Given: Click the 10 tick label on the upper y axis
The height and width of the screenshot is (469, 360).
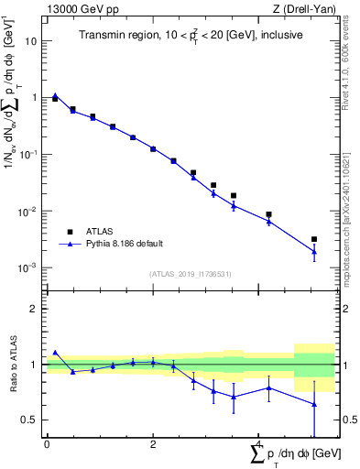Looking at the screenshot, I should click(x=30, y=41).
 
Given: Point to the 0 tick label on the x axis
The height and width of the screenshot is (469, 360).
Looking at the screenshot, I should click(x=47, y=444).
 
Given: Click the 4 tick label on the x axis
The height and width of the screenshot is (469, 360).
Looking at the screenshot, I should click(x=259, y=444).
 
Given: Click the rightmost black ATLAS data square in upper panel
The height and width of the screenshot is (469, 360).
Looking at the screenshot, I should click(x=314, y=239).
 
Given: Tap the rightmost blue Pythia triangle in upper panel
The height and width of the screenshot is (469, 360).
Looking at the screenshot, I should click(x=314, y=251).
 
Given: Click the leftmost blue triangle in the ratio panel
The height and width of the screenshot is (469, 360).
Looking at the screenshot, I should click(x=55, y=352).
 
